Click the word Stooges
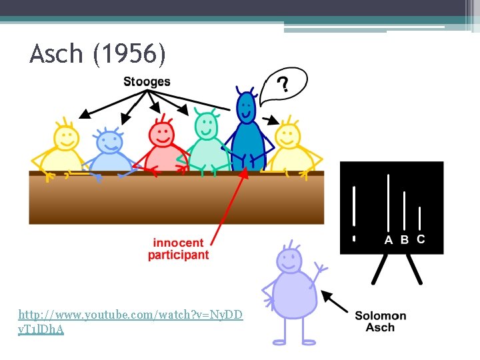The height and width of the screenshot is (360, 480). point(147,82)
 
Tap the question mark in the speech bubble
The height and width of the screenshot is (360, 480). point(283,85)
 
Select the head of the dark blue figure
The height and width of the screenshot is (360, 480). point(247,107)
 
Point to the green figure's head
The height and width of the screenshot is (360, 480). point(206,125)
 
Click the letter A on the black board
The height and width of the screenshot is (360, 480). point(389,240)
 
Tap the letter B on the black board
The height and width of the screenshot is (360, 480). point(404,240)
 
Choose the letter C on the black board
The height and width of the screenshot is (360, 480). point(420,239)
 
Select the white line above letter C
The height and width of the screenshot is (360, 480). point(419,218)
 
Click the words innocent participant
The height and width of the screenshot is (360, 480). point(178,249)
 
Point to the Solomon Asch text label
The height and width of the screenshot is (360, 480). point(380,321)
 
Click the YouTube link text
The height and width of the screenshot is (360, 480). point(131,321)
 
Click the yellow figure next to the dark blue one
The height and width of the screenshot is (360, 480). point(290,150)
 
